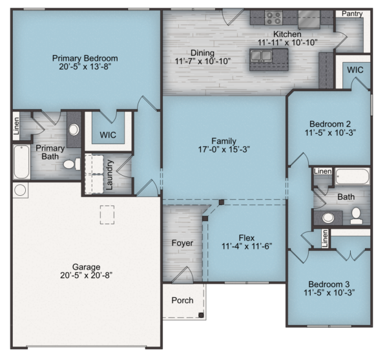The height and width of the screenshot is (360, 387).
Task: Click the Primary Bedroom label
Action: click(85, 58)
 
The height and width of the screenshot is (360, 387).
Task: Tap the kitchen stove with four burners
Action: click(274, 17)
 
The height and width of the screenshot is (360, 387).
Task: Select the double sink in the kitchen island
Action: click(261, 56)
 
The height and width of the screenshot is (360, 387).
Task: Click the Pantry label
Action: click(352, 14)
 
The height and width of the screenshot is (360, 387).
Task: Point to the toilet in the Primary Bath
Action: click(72, 164)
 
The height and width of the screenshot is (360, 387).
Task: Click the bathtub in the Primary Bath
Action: click(21, 162)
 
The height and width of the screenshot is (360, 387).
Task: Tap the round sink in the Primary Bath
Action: click(74, 130)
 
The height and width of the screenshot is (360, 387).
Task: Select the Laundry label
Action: click(109, 175)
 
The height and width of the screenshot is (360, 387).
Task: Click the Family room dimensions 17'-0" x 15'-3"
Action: click(224, 149)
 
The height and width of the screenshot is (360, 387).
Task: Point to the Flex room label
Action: click(247, 238)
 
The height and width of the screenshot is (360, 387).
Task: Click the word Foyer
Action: click(182, 243)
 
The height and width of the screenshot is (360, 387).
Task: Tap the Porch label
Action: click(182, 301)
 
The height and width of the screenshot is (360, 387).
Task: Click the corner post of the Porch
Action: click(201, 315)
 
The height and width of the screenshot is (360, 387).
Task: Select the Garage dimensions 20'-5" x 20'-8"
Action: click(87, 275)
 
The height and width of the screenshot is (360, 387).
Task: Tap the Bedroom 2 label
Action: click(330, 123)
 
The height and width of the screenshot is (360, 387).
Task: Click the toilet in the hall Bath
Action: click(357, 216)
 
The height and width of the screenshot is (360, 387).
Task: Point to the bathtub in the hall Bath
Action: click(352, 176)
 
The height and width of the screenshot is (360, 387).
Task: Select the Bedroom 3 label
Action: click(329, 284)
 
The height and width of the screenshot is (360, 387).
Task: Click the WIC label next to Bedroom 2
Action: click(355, 70)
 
